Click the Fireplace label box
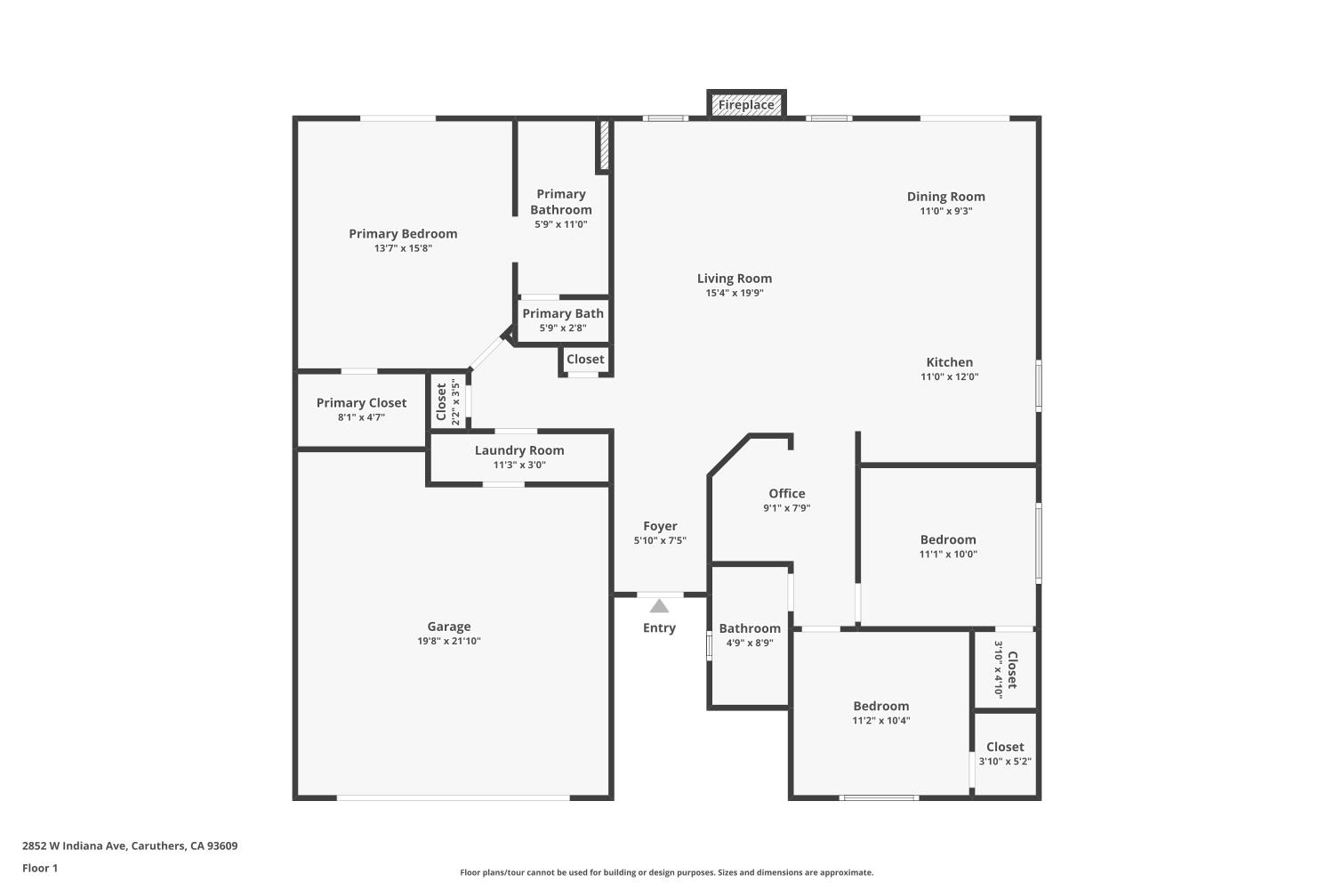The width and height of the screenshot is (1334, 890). pyautogui.click(x=746, y=104)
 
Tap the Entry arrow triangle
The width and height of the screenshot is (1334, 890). pyautogui.click(x=659, y=607)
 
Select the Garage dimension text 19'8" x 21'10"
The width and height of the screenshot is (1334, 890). pyautogui.click(x=449, y=641)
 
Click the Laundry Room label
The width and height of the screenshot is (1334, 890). pyautogui.click(x=519, y=450)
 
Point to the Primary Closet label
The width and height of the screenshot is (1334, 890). pyautogui.click(x=361, y=403)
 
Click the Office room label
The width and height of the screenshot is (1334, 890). pyautogui.click(x=787, y=493)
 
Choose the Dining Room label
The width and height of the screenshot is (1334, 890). pyautogui.click(x=945, y=197)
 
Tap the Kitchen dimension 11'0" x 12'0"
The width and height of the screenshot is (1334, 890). pyautogui.click(x=949, y=376)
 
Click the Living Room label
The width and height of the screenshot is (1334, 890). pyautogui.click(x=735, y=279)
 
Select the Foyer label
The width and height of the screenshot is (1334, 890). pyautogui.click(x=660, y=526)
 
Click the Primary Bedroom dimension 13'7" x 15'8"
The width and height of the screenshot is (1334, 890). pyautogui.click(x=403, y=248)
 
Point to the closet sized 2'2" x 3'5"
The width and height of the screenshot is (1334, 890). pyautogui.click(x=447, y=401)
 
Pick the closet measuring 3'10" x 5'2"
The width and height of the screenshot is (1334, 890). pyautogui.click(x=1005, y=753)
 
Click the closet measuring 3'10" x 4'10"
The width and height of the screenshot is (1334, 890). pyautogui.click(x=1005, y=670)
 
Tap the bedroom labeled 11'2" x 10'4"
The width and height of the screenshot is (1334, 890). pyautogui.click(x=880, y=712)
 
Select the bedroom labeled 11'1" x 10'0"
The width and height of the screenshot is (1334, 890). pyautogui.click(x=948, y=546)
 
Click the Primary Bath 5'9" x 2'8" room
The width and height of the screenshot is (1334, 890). pyautogui.click(x=563, y=320)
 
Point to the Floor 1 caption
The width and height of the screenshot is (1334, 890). pyautogui.click(x=40, y=868)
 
